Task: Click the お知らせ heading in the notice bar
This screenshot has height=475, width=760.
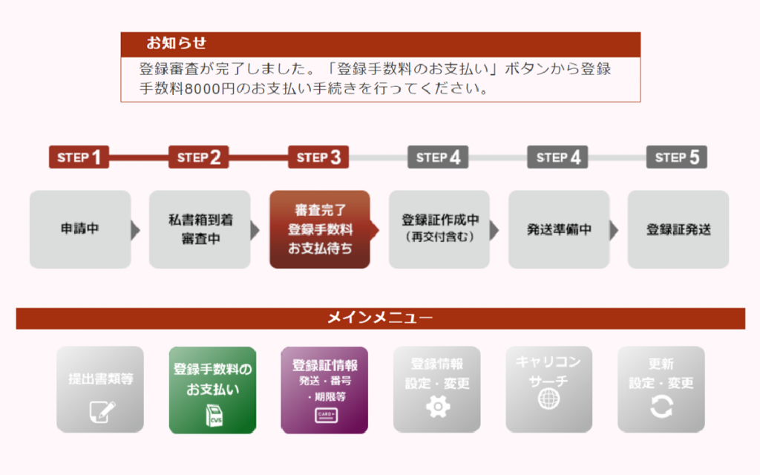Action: point(176,43)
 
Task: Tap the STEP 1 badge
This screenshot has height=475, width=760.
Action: point(79,157)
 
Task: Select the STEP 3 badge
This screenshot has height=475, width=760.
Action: point(318,157)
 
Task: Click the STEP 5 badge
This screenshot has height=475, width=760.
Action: point(677,157)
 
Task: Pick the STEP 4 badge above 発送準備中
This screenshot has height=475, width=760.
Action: point(557,157)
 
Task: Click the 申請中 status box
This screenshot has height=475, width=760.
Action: point(80,229)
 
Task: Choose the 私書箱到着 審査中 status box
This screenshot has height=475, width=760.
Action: point(199,229)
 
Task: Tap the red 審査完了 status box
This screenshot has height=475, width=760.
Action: point(319,229)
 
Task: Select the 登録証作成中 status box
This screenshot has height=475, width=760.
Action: point(439,229)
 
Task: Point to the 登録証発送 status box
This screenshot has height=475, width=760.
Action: point(678,229)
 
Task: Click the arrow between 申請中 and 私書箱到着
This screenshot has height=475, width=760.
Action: point(135,230)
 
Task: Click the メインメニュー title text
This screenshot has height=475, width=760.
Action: point(380,318)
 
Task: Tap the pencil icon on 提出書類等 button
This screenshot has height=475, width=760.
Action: point(100,410)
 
